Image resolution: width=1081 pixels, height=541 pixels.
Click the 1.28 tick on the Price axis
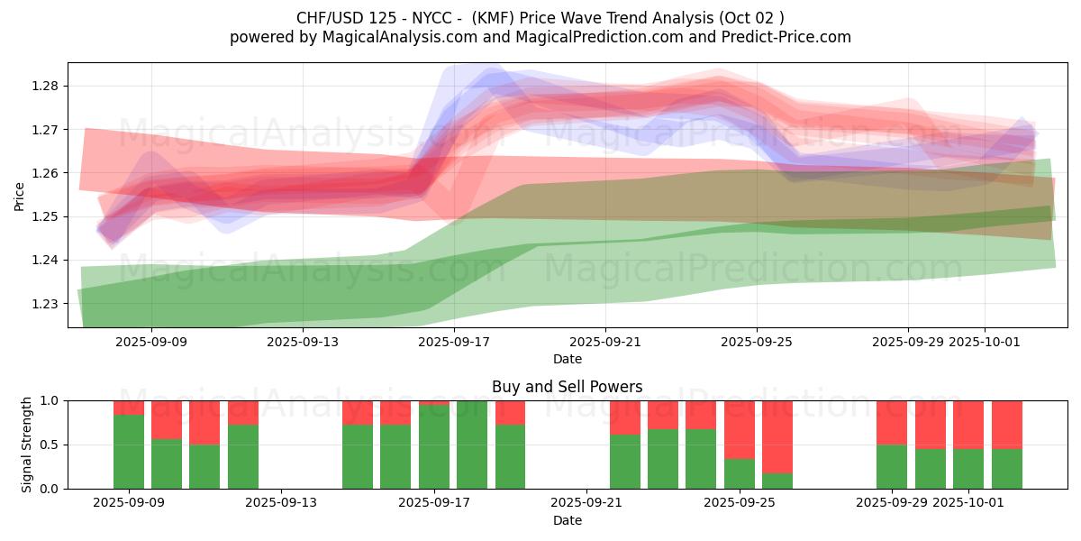coord(45,87)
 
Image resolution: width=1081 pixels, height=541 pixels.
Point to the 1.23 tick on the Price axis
coord(45,304)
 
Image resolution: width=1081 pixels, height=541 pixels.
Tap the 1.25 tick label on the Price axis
coord(45,217)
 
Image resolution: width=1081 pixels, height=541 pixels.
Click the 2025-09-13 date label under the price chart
coord(302,342)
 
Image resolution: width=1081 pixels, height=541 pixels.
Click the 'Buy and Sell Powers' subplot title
coord(567,387)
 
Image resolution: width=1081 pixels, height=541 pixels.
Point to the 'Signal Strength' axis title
coord(27,445)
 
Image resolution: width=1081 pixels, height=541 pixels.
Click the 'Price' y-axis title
coord(20,196)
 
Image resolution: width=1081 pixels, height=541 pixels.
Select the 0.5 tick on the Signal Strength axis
coord(50,445)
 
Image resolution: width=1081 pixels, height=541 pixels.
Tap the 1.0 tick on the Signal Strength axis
coord(50,401)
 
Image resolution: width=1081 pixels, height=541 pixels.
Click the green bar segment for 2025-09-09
coord(129,452)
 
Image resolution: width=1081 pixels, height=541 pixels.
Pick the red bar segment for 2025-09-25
coord(740,429)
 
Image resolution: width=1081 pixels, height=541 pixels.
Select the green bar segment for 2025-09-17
coord(434,446)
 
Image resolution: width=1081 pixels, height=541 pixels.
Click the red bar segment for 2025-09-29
coord(892,422)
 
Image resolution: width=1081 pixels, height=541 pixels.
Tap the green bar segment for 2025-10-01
coord(968,469)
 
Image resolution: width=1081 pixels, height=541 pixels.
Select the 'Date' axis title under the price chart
coord(567,359)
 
